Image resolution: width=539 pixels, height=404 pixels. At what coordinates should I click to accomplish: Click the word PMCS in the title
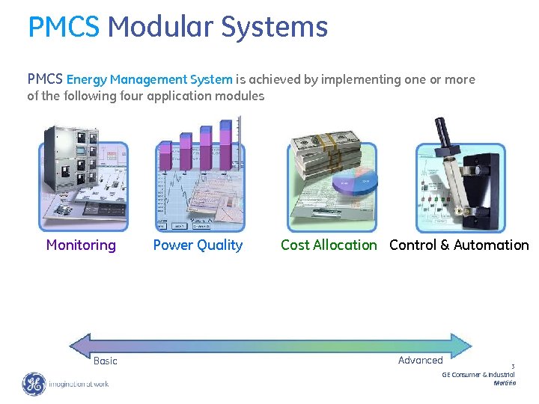[63, 28]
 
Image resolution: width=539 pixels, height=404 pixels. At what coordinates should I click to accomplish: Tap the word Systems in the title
[274, 28]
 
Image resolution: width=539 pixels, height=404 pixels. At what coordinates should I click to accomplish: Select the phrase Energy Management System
[150, 79]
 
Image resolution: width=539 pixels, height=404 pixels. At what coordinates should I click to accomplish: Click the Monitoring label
[81, 245]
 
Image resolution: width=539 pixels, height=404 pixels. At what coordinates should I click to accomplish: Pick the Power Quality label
[198, 245]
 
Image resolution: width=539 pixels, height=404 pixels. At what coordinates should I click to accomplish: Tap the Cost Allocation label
[329, 245]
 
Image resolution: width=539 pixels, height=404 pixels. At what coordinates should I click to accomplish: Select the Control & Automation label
[459, 245]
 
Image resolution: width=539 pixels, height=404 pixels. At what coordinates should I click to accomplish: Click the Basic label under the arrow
[106, 361]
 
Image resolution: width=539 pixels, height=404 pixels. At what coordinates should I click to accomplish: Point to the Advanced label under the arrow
[420, 360]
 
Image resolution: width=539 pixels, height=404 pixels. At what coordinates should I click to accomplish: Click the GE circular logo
[34, 384]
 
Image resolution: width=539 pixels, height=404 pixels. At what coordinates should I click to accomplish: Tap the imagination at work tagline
[79, 385]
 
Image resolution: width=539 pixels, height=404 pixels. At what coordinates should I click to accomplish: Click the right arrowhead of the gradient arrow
[465, 344]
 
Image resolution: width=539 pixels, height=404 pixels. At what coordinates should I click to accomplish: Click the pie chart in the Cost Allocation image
[356, 184]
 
